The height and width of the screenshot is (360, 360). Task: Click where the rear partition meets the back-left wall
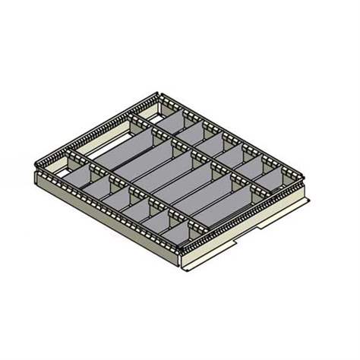pos(130,118)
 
